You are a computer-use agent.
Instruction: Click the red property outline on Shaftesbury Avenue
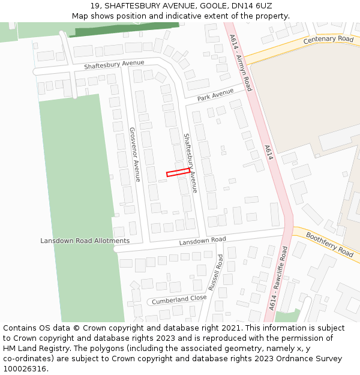[178, 172]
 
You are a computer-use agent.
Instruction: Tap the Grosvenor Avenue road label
[134, 154]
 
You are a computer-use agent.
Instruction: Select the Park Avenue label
[215, 95]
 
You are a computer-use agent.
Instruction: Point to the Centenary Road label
[328, 40]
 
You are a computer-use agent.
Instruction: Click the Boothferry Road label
[329, 244]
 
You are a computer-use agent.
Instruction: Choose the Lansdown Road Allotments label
[85, 241]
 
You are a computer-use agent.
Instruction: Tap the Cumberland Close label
[179, 299]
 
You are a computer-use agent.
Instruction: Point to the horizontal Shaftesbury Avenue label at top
[114, 64]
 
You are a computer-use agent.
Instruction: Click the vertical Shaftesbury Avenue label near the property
[190, 163]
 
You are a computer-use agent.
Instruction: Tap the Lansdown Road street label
[202, 241]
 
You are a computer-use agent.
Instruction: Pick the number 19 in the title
[95, 5]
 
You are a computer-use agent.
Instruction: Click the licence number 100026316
[25, 369]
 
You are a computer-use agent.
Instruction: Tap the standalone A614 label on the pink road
[269, 152]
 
